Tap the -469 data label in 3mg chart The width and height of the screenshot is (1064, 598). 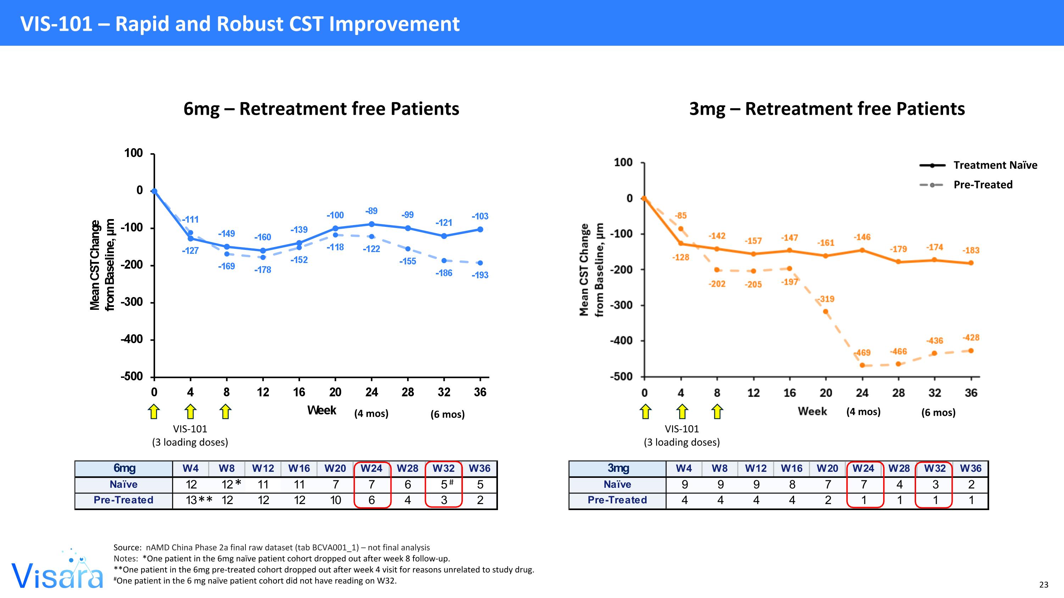click(x=863, y=353)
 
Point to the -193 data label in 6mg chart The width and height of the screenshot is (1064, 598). click(x=480, y=275)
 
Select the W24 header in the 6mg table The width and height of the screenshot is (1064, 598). click(x=371, y=468)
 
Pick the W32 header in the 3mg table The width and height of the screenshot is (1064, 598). click(x=935, y=468)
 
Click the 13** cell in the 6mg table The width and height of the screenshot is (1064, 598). click(x=199, y=500)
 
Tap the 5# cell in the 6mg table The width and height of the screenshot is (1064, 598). click(x=445, y=484)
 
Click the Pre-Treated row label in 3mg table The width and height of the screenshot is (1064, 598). click(x=617, y=500)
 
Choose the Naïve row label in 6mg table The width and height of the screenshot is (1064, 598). click(x=123, y=484)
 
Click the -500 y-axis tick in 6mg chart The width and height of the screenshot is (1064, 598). click(x=132, y=377)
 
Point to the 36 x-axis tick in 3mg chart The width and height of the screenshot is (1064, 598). click(x=971, y=393)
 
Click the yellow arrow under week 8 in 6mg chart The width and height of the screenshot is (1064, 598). click(x=226, y=412)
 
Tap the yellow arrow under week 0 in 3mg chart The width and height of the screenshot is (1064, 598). click(x=645, y=412)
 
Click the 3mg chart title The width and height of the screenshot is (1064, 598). click(x=827, y=109)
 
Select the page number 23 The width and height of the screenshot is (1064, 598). click(x=1044, y=585)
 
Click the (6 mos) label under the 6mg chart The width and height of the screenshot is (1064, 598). click(x=447, y=414)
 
